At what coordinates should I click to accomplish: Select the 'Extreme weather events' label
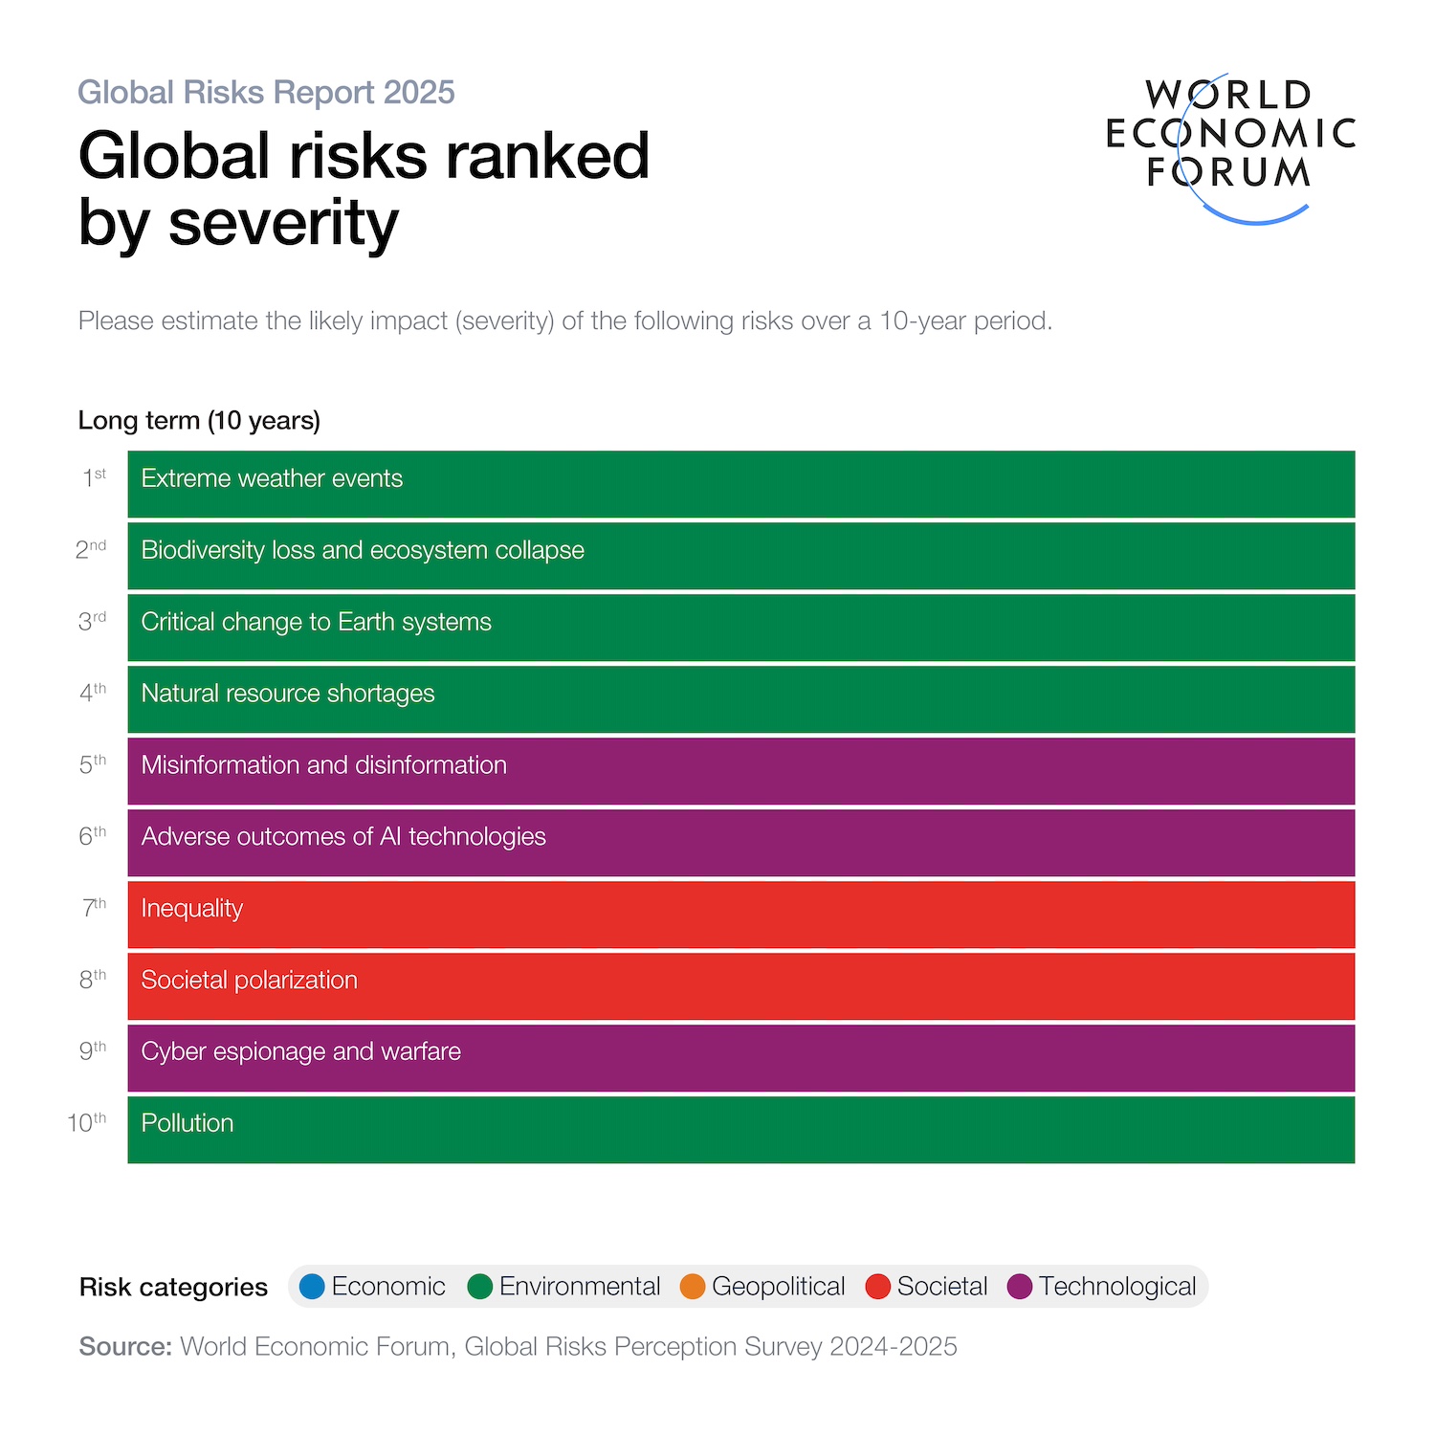pos(272,478)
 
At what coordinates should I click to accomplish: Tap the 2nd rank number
pos(91,550)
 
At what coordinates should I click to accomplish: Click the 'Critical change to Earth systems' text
pos(316,622)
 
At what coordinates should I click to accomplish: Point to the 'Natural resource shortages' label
pos(287,694)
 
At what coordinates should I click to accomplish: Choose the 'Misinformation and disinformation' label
pos(323,765)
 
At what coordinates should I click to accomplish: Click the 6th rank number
pos(92,836)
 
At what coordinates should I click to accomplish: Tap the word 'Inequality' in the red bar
pos(191,909)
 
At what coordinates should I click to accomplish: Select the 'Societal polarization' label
pos(249,981)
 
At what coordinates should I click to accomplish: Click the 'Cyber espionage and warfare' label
pos(300,1052)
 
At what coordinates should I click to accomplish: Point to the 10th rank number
pos(87,1123)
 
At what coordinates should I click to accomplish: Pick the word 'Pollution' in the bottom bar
pos(187,1123)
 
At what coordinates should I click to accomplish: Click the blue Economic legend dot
pos(312,1287)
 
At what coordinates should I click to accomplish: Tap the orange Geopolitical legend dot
pos(693,1287)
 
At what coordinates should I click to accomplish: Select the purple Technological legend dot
pos(1020,1287)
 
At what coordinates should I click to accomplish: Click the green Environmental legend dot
pos(480,1287)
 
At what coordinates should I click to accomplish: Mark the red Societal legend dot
pos(877,1287)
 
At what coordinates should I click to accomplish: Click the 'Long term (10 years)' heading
pos(199,421)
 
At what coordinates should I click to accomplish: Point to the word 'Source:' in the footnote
pos(125,1347)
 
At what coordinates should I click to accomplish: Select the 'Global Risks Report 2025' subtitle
pos(266,93)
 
